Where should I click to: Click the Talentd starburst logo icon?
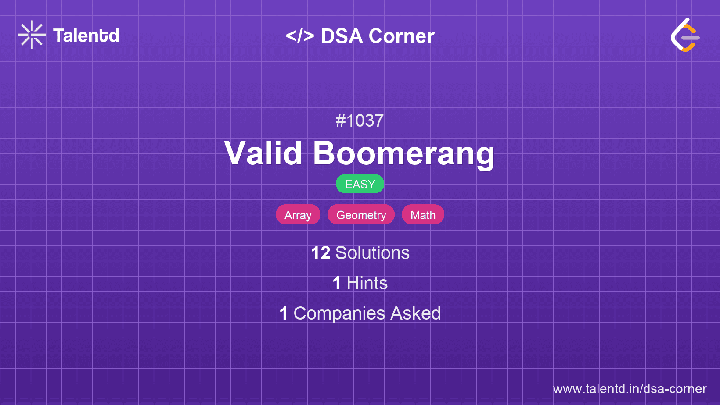click(32, 35)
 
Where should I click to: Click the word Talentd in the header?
click(86, 36)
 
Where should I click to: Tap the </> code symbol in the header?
click(300, 36)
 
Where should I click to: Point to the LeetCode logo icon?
click(685, 35)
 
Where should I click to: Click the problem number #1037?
click(360, 121)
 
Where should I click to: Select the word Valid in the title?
click(263, 153)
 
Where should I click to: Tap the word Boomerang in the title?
click(403, 153)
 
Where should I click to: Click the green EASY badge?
click(360, 184)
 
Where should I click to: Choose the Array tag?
click(298, 215)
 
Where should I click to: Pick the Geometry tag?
click(361, 215)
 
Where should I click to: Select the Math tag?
click(423, 215)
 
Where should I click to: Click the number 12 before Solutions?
click(320, 253)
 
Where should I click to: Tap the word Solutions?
click(372, 253)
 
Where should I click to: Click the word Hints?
click(367, 283)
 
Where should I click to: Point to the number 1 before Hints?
click(337, 283)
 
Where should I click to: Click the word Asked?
click(415, 313)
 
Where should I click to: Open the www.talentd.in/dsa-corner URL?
click(630, 389)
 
